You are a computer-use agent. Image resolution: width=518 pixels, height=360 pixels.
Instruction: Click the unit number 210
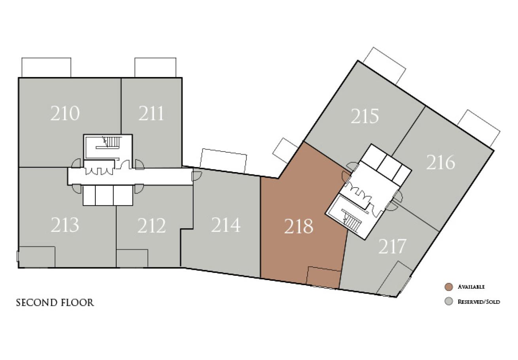point(65,114)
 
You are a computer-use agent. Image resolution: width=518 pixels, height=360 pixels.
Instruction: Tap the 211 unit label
point(151,114)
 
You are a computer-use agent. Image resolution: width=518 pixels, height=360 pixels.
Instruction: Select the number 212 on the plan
point(151,225)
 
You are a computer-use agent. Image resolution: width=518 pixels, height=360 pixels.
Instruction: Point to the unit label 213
point(65,225)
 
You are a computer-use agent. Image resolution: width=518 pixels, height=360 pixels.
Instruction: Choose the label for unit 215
point(365,116)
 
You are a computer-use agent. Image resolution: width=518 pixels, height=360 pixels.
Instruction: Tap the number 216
point(441,163)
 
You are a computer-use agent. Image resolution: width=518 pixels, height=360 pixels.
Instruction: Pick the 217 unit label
point(392,246)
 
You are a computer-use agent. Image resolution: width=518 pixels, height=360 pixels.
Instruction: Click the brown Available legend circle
point(449,287)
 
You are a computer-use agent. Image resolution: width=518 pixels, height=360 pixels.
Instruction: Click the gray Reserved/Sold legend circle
point(449,301)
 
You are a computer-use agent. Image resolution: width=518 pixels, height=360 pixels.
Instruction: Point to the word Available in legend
point(471,287)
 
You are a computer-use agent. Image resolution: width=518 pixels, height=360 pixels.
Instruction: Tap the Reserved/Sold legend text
point(479,302)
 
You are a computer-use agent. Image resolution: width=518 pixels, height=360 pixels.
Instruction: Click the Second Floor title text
point(55,303)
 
